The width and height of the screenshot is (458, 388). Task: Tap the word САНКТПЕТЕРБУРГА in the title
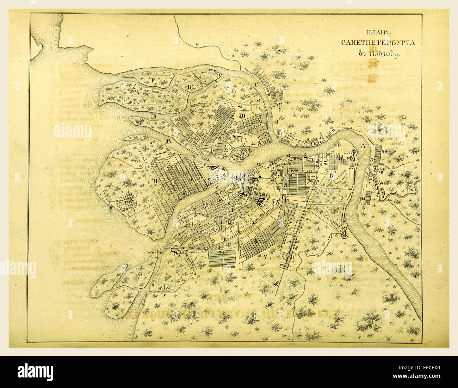[x=378, y=43]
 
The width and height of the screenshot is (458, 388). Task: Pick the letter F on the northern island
[x=153, y=80]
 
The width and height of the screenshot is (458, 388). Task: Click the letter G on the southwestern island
[x=140, y=274]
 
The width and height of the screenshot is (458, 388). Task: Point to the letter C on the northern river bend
[x=256, y=84]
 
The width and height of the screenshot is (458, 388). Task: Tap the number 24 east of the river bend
[x=384, y=151]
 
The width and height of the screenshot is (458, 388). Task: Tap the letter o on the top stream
[x=197, y=44]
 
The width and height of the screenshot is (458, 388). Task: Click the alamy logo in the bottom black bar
[x=36, y=372]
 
